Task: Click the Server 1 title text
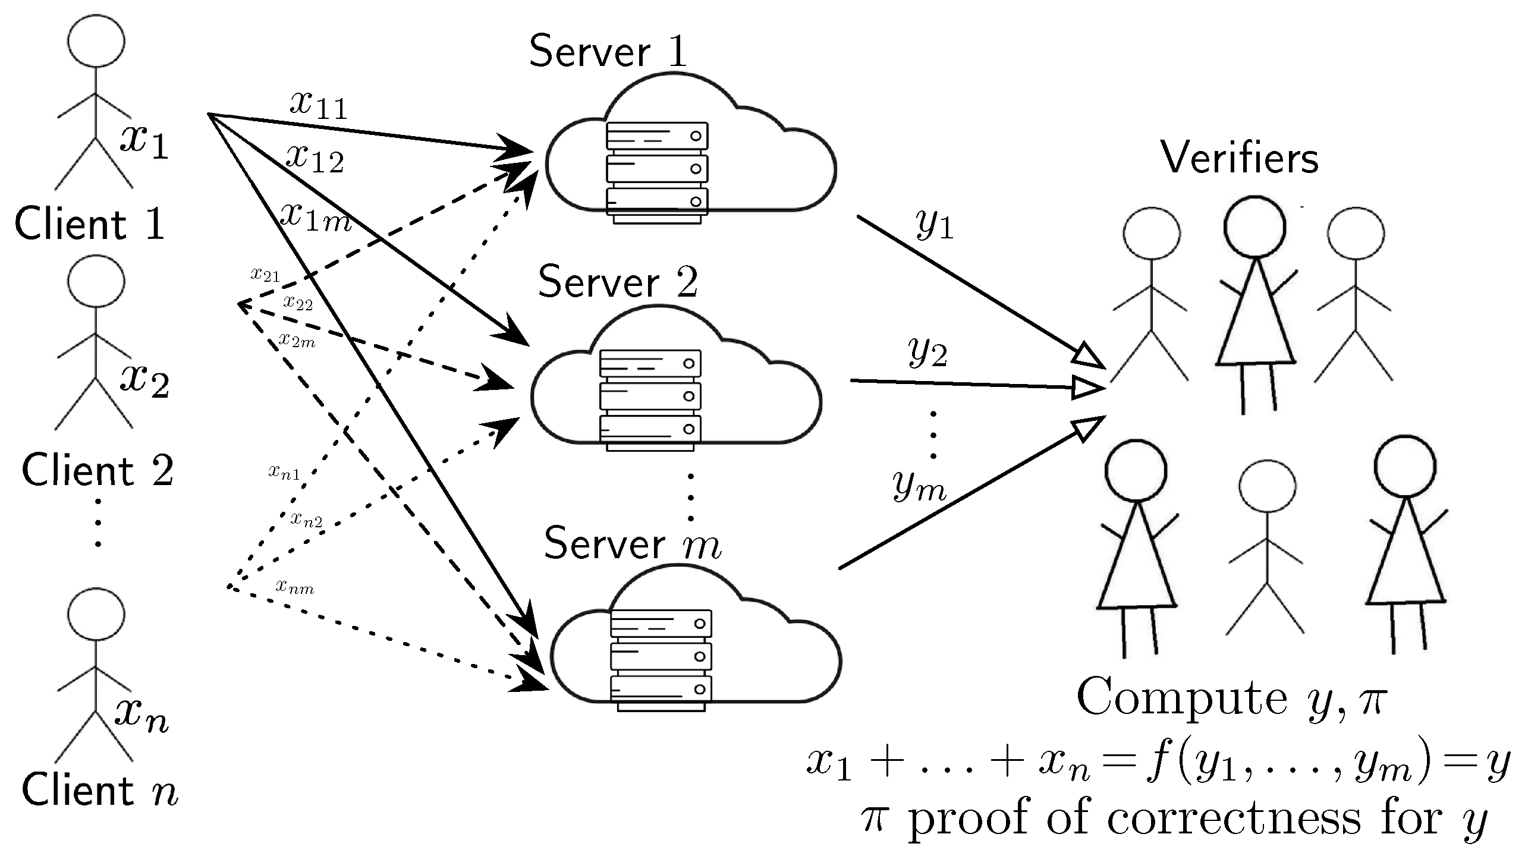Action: (x=608, y=52)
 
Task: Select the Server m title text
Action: (x=632, y=544)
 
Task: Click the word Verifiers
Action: (x=1240, y=159)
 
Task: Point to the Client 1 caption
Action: (x=89, y=225)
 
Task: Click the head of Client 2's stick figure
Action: (x=96, y=282)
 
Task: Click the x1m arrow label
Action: (x=316, y=216)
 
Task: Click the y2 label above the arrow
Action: (x=927, y=353)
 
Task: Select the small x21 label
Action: (x=265, y=275)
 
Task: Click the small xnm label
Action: (x=294, y=587)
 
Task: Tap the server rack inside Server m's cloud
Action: (x=660, y=660)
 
